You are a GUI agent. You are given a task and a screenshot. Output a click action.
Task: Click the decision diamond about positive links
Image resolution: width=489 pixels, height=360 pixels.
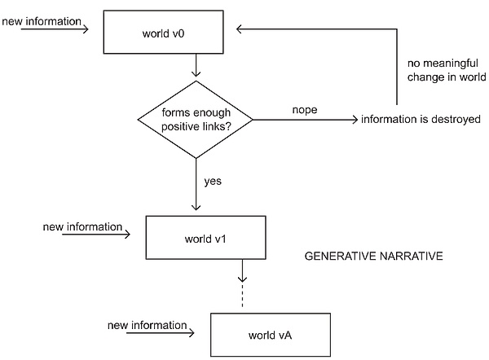196,119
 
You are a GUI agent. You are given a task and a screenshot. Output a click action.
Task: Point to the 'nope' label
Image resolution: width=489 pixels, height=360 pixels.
303,108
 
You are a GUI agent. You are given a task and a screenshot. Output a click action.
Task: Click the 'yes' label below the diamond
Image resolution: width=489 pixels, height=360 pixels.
213,180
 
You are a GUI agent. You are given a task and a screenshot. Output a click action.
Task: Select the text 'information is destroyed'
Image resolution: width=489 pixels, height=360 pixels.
421,120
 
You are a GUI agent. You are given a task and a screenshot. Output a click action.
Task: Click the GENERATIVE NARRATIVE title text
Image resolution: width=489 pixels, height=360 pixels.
372,256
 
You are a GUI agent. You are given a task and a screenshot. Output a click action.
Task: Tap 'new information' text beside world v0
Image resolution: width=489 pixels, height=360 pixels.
42,20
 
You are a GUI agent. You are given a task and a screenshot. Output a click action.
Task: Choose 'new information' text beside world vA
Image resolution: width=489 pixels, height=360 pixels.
147,325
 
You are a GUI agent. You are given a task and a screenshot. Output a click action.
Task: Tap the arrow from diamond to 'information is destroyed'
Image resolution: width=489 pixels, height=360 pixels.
306,121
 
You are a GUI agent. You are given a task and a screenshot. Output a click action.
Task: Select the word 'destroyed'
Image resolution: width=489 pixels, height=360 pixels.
454,120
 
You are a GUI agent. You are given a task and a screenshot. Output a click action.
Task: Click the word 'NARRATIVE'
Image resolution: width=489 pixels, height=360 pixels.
409,256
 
